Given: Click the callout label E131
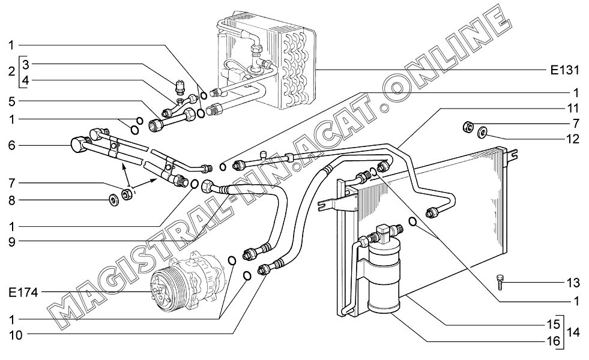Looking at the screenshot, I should pos(564,70).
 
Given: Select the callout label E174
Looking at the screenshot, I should pos(23,293).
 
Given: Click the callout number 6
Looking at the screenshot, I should pos(12,145).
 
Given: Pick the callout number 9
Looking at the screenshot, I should pos(12,242).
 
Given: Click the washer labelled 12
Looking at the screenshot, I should pos(483,132).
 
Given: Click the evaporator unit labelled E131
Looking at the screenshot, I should pos(264,60).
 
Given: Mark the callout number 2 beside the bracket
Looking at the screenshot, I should pos(12,71).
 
